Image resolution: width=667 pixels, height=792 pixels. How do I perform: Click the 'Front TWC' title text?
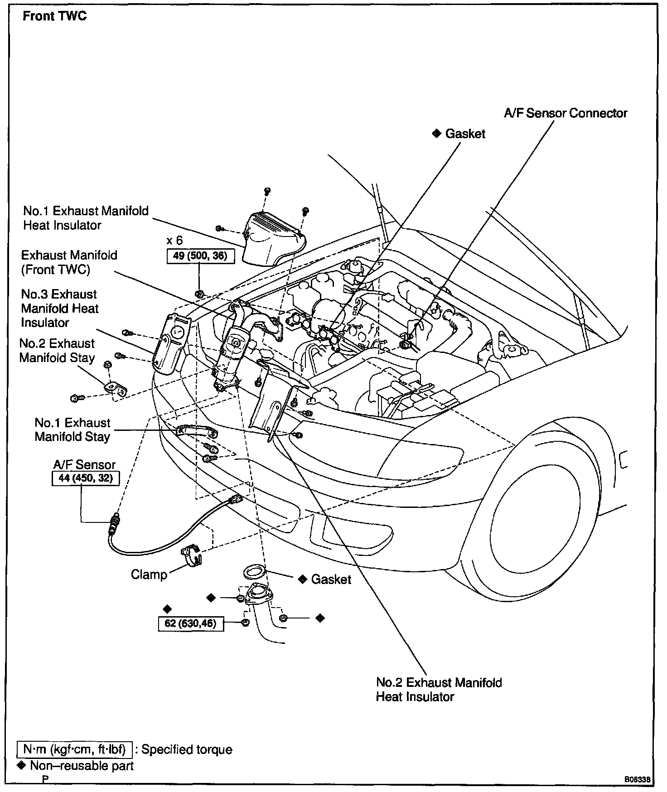pyautogui.click(x=54, y=16)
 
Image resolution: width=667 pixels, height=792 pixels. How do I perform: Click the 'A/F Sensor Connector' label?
pyautogui.click(x=565, y=113)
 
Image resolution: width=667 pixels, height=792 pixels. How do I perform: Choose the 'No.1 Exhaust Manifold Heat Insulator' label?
pyautogui.click(x=86, y=218)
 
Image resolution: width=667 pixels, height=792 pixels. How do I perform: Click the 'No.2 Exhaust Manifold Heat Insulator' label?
pyautogui.click(x=439, y=689)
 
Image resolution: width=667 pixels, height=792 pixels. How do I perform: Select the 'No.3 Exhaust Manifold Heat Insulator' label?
pyautogui.click(x=59, y=308)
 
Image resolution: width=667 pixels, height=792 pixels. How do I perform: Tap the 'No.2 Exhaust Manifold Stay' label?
pyautogui.click(x=57, y=350)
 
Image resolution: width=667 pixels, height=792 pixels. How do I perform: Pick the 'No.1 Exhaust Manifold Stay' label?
pyautogui.click(x=72, y=430)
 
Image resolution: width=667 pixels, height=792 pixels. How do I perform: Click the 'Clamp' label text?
pyautogui.click(x=149, y=575)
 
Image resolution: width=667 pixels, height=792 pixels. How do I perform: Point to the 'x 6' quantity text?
pyautogui.click(x=174, y=240)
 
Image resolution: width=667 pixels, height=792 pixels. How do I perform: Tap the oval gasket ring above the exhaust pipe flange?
pyautogui.click(x=255, y=571)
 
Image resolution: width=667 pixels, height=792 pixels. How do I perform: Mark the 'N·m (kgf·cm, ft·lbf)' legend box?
pyautogui.click(x=74, y=749)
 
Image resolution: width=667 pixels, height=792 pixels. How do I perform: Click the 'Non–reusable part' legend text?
pyautogui.click(x=82, y=766)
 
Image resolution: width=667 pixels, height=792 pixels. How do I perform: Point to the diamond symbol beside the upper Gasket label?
pyautogui.click(x=436, y=134)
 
